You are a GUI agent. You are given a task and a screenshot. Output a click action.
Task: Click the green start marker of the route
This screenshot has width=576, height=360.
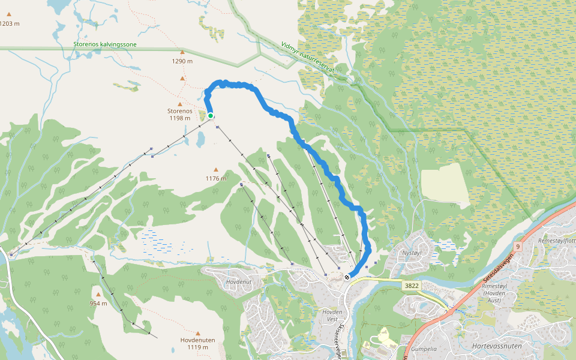[211, 116]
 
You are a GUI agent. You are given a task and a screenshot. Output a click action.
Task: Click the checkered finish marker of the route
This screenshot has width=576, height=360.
[347, 277]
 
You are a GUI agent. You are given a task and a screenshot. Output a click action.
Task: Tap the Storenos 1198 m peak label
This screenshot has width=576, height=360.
[180, 114]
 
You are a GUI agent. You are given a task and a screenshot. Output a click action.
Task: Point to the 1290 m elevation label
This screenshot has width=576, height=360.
[182, 61]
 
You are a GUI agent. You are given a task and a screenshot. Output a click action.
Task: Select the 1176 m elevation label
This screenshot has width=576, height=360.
[216, 178]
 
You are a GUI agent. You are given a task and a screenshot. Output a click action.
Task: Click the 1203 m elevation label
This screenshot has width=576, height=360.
[10, 24]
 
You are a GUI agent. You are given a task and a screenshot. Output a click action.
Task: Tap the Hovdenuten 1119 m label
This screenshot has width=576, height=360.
[197, 343]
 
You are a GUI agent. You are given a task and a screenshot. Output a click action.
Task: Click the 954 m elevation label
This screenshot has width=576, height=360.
[98, 303]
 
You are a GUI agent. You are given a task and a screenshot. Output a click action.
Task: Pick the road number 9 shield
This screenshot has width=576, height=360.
[517, 247]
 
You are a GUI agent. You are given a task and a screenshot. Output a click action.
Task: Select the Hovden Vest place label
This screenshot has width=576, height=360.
[332, 315]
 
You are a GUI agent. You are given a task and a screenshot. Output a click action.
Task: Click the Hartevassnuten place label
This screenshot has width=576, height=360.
[496, 346]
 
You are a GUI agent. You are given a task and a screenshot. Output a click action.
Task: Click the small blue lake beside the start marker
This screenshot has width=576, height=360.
[200, 139]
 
